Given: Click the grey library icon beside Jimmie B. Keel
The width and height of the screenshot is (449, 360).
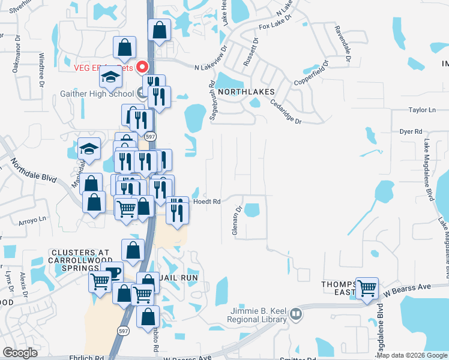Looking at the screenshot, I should point(295,313).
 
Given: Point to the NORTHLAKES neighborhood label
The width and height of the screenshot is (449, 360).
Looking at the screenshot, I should point(246,92).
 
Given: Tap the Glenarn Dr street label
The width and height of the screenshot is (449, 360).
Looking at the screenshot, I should point(238,222).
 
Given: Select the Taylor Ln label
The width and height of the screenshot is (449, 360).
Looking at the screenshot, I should point(422,110).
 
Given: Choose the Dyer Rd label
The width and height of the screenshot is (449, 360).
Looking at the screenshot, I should point(411,131).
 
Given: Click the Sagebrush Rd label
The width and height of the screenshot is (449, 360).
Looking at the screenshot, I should point(212,101).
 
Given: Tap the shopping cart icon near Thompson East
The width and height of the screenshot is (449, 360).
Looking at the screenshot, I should point(367,287).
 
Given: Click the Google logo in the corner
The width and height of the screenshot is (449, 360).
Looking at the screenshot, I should point(20,353).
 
